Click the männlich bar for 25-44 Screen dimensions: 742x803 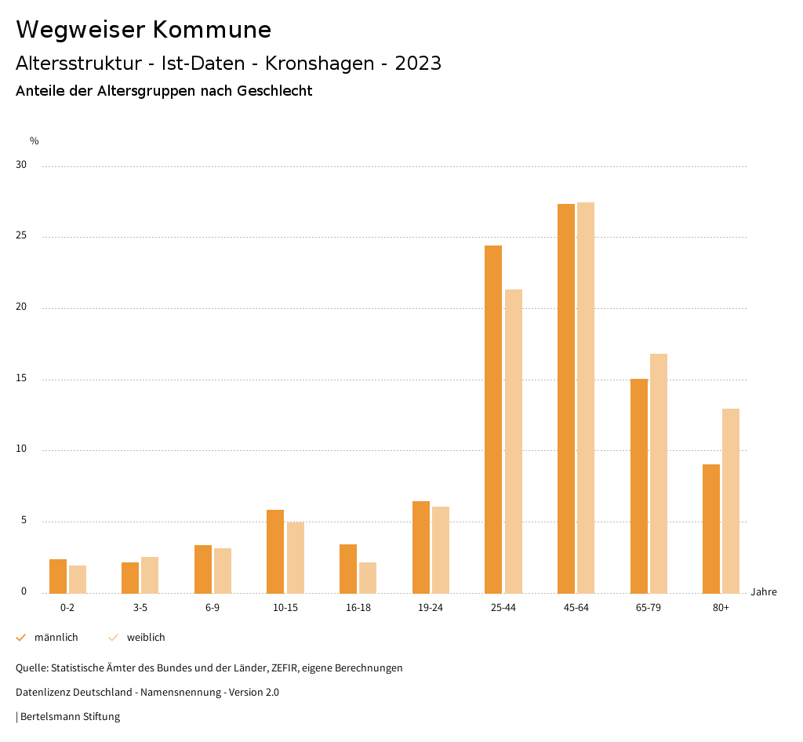tap(493, 420)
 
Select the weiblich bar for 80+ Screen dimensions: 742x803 tap(731, 501)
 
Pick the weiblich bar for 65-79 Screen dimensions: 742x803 tap(659, 474)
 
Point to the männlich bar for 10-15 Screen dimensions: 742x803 tap(275, 551)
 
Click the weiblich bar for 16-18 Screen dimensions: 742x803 tap(368, 578)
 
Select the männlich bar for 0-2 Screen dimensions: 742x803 tap(58, 577)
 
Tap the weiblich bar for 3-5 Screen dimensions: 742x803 tap(150, 575)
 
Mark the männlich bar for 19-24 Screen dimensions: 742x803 tap(421, 547)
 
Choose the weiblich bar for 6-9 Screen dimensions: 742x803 tap(223, 571)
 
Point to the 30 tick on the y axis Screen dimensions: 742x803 tap(21, 165)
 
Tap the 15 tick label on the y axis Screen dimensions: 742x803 tap(21, 379)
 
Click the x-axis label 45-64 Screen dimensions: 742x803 tap(576, 608)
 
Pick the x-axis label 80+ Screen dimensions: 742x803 tap(721, 608)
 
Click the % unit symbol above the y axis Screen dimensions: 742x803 tap(35, 141)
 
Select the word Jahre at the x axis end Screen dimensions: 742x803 tap(764, 592)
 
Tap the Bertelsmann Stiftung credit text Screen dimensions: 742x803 tap(70, 717)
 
